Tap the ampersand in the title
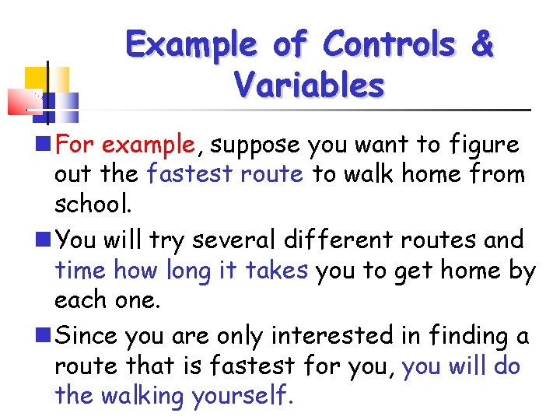[x=482, y=44]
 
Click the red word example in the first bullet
[x=148, y=144]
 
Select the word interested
[x=332, y=335]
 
